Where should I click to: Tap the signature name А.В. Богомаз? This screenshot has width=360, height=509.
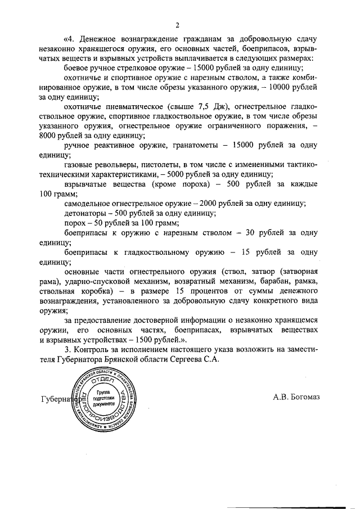pyautogui.click(x=296, y=397)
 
